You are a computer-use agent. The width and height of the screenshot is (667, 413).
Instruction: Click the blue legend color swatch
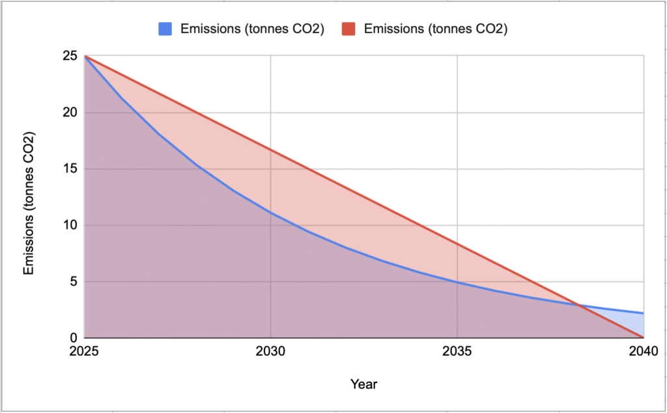[x=165, y=29]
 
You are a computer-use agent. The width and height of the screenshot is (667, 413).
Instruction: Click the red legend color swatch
[x=348, y=29]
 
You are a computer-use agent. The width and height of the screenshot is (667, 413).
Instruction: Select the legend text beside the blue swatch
[x=252, y=29]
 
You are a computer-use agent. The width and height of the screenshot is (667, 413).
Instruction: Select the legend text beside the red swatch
[x=435, y=29]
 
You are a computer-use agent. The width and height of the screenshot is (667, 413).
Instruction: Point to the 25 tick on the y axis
[x=68, y=57]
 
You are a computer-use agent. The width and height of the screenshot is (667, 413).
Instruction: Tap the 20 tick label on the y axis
[x=68, y=113]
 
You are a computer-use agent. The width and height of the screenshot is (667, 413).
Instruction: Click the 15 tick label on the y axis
[x=68, y=169]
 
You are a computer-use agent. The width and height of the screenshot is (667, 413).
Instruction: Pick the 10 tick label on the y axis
[x=68, y=226]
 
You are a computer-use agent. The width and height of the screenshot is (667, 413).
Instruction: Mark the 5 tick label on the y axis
[x=72, y=282]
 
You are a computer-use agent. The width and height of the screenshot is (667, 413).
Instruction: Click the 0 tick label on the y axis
[x=72, y=338]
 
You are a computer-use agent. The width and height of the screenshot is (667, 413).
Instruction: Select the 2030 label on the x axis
[x=270, y=352]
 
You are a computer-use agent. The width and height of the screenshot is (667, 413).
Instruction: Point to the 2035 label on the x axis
[x=457, y=352]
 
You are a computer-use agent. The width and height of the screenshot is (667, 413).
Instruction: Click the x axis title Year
[x=363, y=384]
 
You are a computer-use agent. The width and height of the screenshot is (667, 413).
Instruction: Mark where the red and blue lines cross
[x=576, y=304]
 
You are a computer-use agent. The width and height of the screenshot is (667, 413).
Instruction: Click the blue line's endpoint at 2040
[x=644, y=313]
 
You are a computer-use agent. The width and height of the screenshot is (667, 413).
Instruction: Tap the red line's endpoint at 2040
[x=644, y=338]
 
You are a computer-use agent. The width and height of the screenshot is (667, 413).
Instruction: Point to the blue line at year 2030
[x=270, y=213]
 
